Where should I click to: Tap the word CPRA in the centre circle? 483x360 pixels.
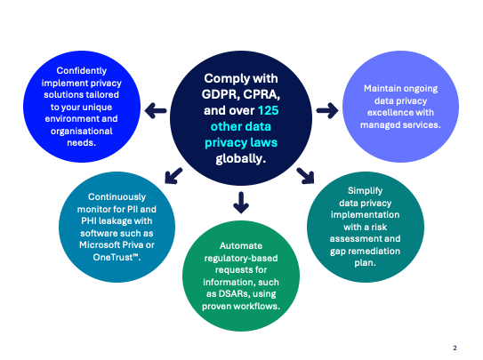pyautogui.click(x=261, y=93)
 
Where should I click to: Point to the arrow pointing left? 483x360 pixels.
pyautogui.click(x=157, y=111)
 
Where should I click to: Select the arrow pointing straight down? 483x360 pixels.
pyautogui.click(x=240, y=204)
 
